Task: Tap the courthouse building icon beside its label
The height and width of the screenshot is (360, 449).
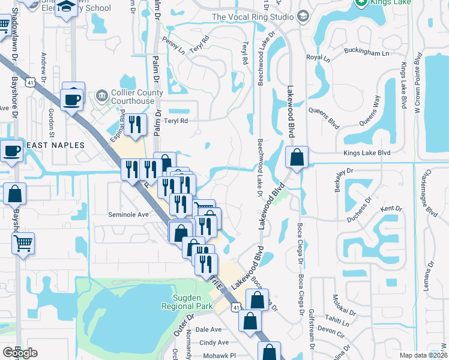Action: tap(100, 95)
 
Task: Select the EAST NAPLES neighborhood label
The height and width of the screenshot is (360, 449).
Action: tap(53, 145)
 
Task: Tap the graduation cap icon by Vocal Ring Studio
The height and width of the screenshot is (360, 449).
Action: tap(303, 15)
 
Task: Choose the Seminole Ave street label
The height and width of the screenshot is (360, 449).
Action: tap(128, 215)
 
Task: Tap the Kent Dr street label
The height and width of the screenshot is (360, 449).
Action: tap(391, 209)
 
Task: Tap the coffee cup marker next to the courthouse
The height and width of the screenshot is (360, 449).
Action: tap(72, 100)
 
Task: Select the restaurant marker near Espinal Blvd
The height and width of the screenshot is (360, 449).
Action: tap(135, 125)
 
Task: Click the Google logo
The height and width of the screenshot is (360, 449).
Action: tap(20, 353)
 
